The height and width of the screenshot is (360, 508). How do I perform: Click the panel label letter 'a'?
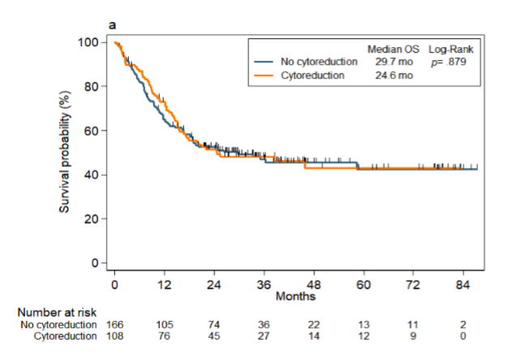113,26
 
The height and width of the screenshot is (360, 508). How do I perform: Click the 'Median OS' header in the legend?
394,49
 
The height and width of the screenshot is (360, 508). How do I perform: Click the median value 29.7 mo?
394,62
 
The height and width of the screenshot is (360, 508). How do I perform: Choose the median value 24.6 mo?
394,75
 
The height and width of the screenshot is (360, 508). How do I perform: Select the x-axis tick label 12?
164,285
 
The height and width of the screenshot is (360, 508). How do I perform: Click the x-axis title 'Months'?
290,297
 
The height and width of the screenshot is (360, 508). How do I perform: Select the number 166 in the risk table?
115,325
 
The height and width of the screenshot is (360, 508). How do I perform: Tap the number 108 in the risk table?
115,336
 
